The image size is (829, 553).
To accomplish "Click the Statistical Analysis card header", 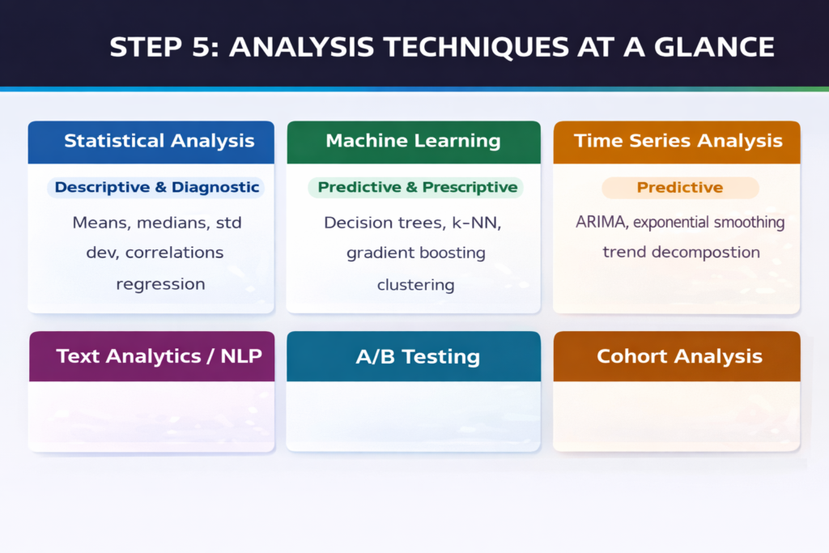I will [x=159, y=141].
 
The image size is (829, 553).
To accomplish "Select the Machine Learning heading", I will [x=413, y=141].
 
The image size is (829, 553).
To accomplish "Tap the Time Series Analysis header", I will [x=678, y=141].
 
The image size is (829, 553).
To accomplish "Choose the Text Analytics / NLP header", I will [x=159, y=355].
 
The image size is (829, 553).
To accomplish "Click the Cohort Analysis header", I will [x=678, y=355].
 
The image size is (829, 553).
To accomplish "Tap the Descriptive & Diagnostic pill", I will [x=157, y=187].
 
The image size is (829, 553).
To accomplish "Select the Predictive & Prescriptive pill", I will [x=417, y=187].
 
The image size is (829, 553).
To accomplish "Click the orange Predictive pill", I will [x=679, y=188].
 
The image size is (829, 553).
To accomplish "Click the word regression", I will [x=160, y=284].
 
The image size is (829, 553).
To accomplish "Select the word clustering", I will [x=415, y=285].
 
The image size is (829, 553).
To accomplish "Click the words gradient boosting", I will [x=415, y=253].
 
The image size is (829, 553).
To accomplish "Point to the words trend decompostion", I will [x=681, y=252].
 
